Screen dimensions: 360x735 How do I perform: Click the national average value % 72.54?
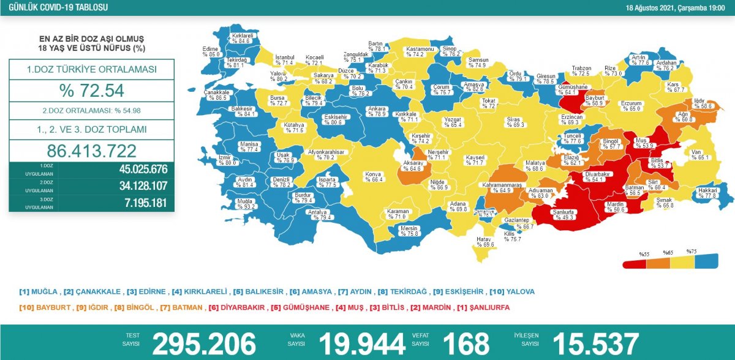pyautogui.click(x=92, y=91)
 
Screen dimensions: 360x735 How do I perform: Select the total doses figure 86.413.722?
pyautogui.click(x=92, y=151)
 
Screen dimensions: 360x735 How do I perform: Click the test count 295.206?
pyautogui.click(x=203, y=344)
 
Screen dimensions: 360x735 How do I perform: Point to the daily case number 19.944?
pyautogui.click(x=362, y=344)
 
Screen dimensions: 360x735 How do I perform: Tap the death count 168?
pyautogui.click(x=466, y=344)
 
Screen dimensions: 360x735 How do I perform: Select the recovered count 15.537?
pyautogui.click(x=595, y=344)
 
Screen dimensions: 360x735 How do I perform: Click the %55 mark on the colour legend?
pyautogui.click(x=644, y=253)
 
